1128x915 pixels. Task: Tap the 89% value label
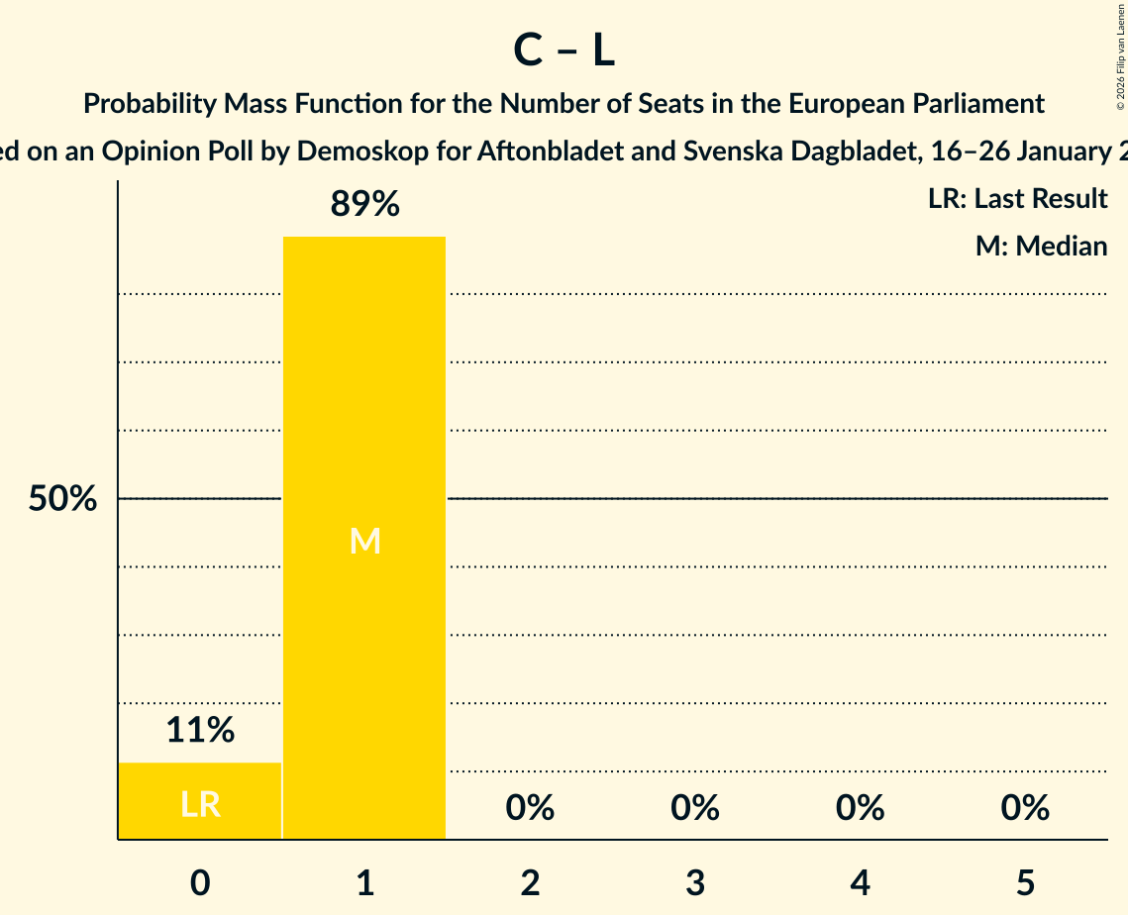coord(364,205)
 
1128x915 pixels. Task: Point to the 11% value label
coord(200,731)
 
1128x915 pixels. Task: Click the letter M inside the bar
coord(364,541)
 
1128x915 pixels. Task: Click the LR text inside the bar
coord(200,804)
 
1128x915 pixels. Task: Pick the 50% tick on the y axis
coord(62,499)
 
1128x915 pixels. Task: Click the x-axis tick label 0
coord(200,882)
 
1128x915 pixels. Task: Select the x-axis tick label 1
coord(364,882)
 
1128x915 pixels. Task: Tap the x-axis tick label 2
coord(530,882)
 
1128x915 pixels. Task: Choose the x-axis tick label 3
coord(695,882)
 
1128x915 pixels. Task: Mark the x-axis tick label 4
coord(860,882)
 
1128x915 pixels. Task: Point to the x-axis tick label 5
coord(1025,882)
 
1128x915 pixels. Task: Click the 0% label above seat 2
coord(530,808)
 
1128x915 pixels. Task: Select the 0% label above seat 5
coord(1025,808)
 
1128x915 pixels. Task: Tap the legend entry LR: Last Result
coord(1017,199)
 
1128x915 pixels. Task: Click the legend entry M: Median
coord(1041,246)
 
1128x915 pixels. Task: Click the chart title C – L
coord(564,51)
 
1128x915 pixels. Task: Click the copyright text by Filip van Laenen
coord(1120,50)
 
